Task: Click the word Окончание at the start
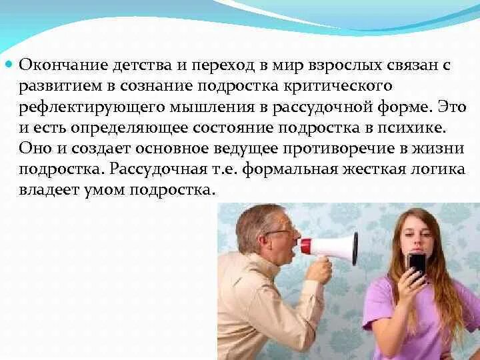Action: pyautogui.click(x=60, y=65)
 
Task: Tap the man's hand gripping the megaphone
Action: pyautogui.click(x=318, y=269)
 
